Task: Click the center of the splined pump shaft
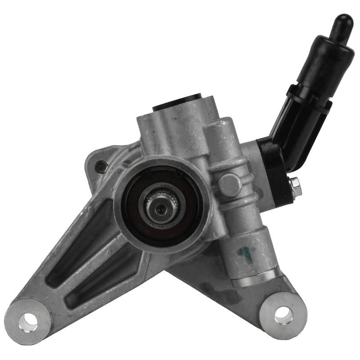click(x=161, y=204)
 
